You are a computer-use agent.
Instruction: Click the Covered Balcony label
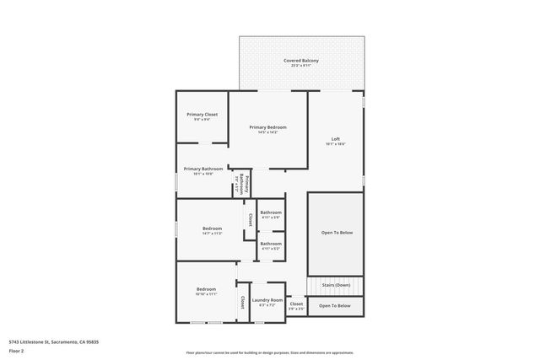301,61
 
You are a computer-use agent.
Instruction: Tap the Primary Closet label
202,114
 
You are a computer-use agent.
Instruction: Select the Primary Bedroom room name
267,126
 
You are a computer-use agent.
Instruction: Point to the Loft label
335,139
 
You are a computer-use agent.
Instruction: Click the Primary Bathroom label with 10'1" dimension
203,169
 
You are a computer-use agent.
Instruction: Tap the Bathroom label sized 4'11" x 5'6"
270,212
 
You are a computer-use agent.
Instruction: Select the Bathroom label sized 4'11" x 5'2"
270,244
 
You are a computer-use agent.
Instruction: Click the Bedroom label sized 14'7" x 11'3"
212,228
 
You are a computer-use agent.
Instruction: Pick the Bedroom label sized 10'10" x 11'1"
206,289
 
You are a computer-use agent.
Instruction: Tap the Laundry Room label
267,299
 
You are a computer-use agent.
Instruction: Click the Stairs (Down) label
336,285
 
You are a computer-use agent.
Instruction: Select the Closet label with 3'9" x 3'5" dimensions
295,304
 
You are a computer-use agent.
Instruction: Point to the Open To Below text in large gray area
337,232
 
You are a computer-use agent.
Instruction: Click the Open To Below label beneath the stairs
335,305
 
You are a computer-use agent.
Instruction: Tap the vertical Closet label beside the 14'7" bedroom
250,219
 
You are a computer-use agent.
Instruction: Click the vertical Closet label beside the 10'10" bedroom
241,301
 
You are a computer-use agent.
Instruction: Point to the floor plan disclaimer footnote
269,353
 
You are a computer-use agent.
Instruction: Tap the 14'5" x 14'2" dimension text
267,132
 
